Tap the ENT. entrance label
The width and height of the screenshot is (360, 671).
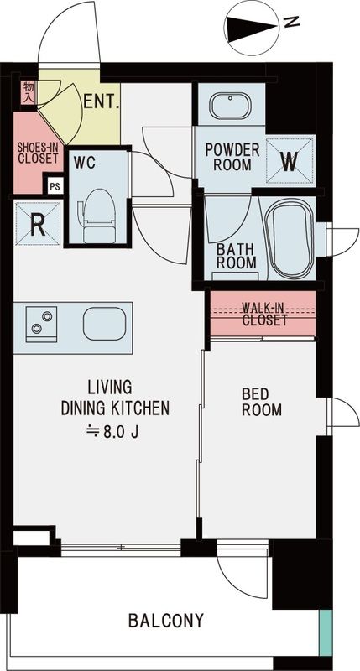pos(102,103)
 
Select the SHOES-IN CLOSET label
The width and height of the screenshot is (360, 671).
pos(37,153)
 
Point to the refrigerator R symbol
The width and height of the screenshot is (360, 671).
pos(37,224)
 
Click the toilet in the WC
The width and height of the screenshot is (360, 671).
pos(98,211)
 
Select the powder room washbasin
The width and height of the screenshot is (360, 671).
pos(230,107)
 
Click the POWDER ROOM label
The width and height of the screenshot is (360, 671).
pos(232,157)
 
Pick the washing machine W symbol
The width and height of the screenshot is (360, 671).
pos(290,159)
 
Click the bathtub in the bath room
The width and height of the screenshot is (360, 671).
pos(289,238)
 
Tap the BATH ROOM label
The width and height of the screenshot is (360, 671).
pos(237,256)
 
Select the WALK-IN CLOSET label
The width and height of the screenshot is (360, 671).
pos(264,314)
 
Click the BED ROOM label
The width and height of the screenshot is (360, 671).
pos(262,402)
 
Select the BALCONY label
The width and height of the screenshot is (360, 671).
pos(166,622)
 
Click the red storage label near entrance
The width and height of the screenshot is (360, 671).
pos(28,91)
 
